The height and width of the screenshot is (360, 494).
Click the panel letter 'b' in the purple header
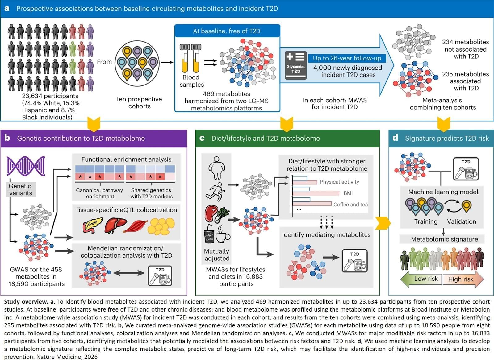click(x=7, y=138)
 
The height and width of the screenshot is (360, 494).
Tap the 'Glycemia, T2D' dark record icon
click(x=295, y=65)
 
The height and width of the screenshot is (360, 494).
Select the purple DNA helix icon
click(x=26, y=166)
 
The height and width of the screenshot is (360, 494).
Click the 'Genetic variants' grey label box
click(x=20, y=189)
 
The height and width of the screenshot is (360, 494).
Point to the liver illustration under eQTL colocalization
click(x=115, y=226)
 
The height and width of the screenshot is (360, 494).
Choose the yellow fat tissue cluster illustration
click(x=161, y=226)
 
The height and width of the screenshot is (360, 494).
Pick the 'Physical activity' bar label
click(x=339, y=182)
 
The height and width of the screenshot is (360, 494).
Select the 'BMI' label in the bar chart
click(x=348, y=193)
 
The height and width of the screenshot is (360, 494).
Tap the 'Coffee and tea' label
click(x=350, y=205)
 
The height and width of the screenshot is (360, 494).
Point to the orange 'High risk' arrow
click(x=462, y=279)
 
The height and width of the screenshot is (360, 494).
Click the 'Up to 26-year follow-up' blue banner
click(x=347, y=58)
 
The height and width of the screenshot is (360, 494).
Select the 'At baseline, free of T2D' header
click(x=227, y=31)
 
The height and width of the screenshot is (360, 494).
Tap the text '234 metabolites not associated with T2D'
click(x=465, y=49)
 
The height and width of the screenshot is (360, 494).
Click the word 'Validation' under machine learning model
click(x=461, y=221)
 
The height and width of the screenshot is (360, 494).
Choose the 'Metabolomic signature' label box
click(x=444, y=239)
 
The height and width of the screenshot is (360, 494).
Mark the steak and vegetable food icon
click(x=216, y=214)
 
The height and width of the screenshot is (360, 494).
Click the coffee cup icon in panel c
click(x=222, y=235)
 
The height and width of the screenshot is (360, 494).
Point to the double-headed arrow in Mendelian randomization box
click(x=129, y=273)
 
